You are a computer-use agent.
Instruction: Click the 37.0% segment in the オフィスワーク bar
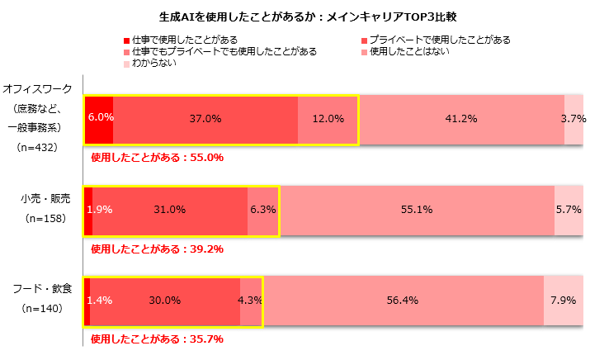click(205, 119)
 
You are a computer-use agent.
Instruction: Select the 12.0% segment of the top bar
click(327, 119)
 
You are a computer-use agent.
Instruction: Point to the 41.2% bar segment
click(460, 119)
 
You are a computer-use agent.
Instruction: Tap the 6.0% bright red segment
click(99, 119)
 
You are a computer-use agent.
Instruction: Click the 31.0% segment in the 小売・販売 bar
click(169, 210)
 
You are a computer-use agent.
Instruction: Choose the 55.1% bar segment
click(416, 210)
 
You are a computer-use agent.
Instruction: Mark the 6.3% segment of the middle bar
click(262, 210)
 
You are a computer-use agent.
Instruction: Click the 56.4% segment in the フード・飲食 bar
click(403, 301)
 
